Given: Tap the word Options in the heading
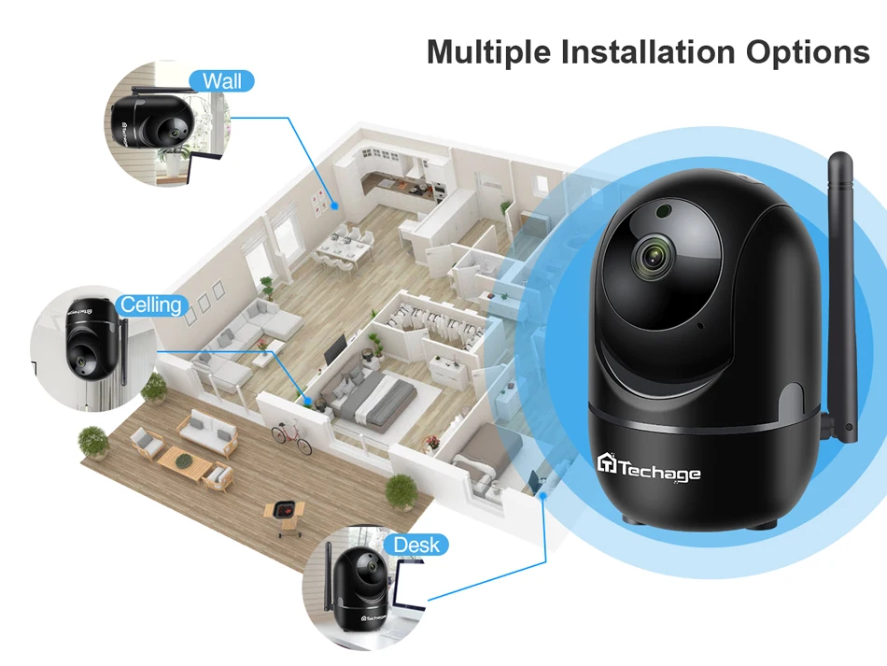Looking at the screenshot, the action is tap(808, 52).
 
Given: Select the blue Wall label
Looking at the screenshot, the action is tap(221, 81).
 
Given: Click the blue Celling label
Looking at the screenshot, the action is tap(151, 305).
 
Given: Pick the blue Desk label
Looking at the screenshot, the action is tap(415, 545).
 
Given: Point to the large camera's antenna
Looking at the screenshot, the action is tap(843, 299).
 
